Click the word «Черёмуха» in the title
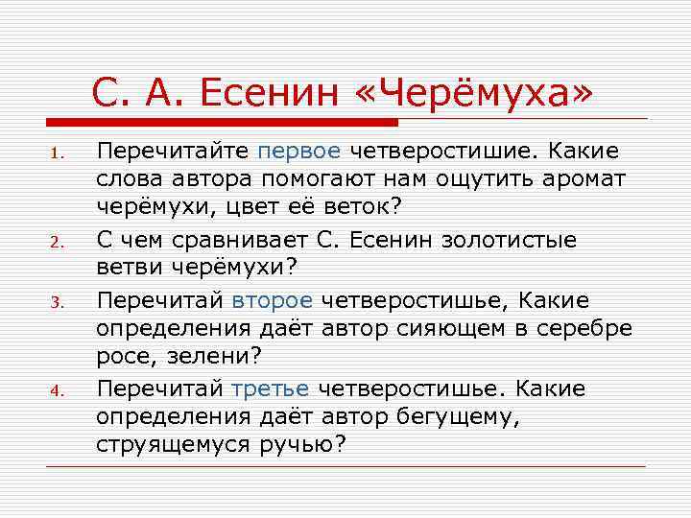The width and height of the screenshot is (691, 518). coord(478,92)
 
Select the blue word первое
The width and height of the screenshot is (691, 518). coord(298,152)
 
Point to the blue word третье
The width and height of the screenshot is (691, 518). coord(271,388)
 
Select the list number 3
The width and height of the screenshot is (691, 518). coord(57,302)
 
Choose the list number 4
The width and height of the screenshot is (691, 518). coord(57,391)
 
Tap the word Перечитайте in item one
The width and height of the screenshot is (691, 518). coord(173,152)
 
